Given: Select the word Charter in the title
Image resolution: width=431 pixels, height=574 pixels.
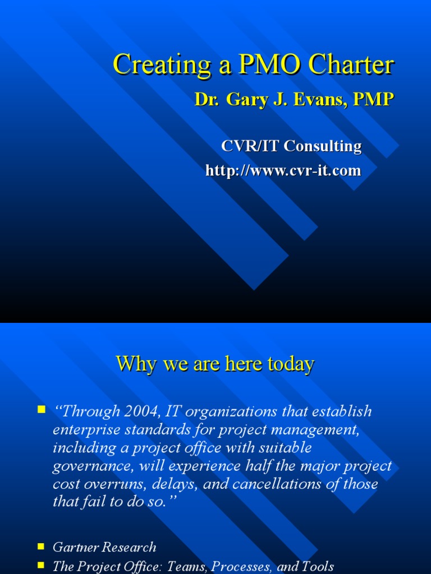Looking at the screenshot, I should pyautogui.click(x=354, y=65).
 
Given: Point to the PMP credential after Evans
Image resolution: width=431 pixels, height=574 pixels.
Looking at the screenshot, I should pyautogui.click(x=373, y=100).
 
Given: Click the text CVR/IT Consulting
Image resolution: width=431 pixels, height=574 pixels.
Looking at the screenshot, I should pyautogui.click(x=291, y=146).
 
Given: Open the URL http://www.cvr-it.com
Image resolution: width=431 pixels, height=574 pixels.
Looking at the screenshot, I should pyautogui.click(x=283, y=170).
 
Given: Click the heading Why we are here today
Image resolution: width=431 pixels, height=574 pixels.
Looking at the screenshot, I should pyautogui.click(x=215, y=364).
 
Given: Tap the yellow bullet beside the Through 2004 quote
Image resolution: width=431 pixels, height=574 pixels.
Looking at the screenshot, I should pyautogui.click(x=41, y=410).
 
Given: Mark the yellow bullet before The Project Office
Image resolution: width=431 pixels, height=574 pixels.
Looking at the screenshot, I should pyautogui.click(x=41, y=565).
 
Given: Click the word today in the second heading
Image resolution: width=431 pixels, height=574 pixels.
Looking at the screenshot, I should pyautogui.click(x=291, y=364).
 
